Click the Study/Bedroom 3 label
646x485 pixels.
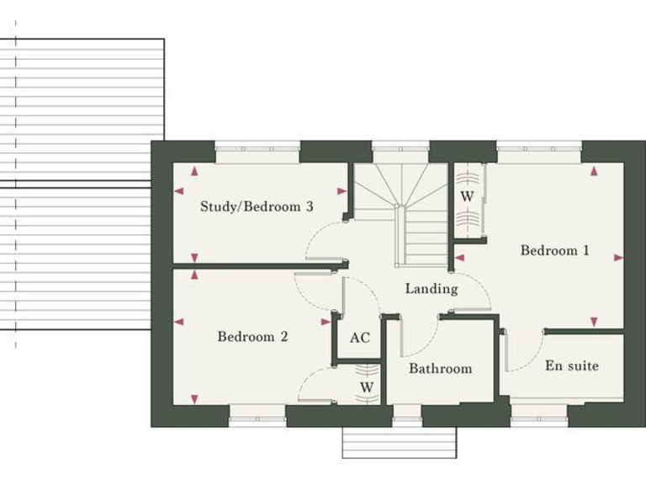point(257,206)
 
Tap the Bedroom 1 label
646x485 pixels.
point(554,250)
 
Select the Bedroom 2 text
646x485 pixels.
point(252,337)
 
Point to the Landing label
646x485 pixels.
point(432,289)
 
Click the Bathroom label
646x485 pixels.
point(440,369)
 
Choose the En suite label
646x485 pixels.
point(572,365)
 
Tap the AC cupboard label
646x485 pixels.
point(360,338)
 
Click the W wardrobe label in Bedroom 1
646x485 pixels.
point(468,196)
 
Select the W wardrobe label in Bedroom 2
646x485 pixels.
point(367,386)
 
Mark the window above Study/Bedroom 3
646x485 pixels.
point(257,150)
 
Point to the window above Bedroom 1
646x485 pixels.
point(538,150)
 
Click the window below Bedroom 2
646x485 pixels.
point(257,413)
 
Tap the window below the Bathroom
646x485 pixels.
point(406,413)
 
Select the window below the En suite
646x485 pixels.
point(539,413)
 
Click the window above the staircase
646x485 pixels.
point(400,150)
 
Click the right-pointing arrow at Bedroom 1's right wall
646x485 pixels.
point(619,258)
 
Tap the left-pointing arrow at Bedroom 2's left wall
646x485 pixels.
point(178,321)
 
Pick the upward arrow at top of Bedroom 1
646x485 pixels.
point(594,172)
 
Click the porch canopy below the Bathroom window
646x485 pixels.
point(399,442)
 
